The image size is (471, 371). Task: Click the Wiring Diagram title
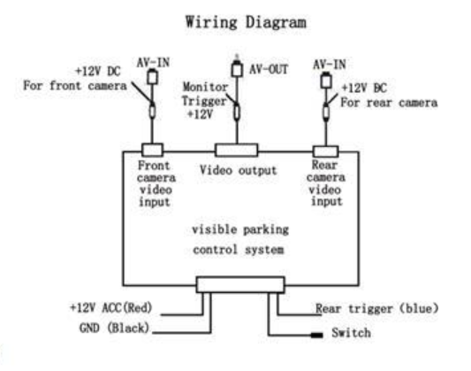coord(246,22)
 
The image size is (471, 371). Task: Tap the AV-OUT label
coord(269,69)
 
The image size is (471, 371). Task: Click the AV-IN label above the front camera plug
coord(153,63)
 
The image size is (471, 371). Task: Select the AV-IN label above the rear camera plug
coord(330,65)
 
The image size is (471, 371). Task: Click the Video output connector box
coord(237,151)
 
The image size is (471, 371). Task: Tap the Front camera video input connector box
coord(152,150)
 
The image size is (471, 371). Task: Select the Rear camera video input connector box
coord(325,151)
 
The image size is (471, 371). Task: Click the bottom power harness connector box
coord(240,284)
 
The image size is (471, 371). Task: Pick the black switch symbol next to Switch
coord(316,335)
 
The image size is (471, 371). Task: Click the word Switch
coord(351,333)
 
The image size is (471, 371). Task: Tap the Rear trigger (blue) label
coord(376,308)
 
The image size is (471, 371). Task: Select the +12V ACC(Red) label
coord(110,307)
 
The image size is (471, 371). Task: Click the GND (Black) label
coord(114,328)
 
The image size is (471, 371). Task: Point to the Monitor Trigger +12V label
coord(204,101)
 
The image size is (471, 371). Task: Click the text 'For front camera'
coord(75,86)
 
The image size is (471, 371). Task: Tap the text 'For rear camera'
coord(389,103)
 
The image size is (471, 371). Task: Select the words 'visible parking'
coord(240,230)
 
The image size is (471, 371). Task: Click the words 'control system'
coord(239,250)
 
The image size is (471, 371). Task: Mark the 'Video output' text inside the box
coord(239,171)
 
